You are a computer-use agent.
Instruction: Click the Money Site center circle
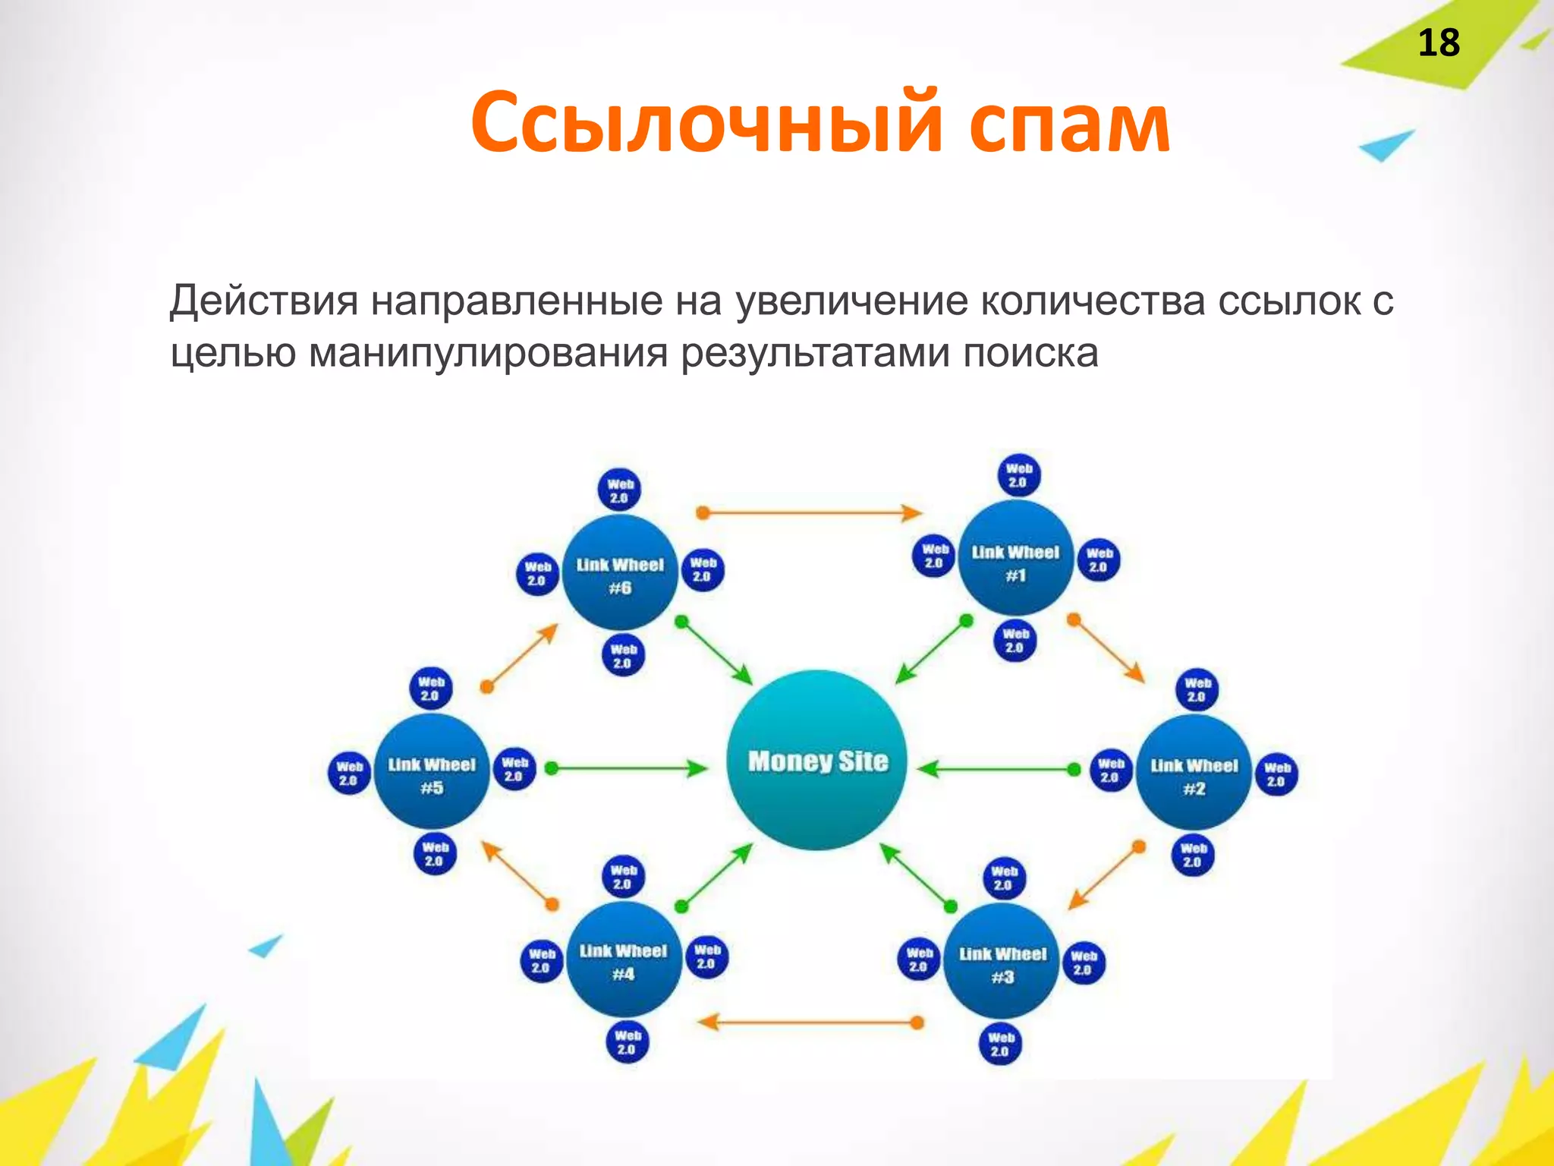click(x=816, y=760)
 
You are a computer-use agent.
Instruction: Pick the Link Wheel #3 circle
click(x=1002, y=961)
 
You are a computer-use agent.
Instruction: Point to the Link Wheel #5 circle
click(x=432, y=771)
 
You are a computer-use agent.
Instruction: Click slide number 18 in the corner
click(x=1438, y=43)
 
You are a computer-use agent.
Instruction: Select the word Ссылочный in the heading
click(x=706, y=121)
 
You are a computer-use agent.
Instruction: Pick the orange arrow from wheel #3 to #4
click(x=809, y=1023)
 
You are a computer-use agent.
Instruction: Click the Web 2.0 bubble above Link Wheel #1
click(x=1018, y=475)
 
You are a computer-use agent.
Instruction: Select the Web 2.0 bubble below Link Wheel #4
click(x=628, y=1042)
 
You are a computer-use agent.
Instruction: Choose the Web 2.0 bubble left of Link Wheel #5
click(x=349, y=774)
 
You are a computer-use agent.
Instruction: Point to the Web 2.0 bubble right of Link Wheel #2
click(x=1277, y=774)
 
